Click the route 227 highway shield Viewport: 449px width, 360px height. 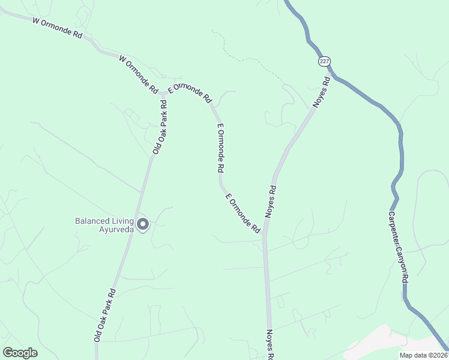click(324, 62)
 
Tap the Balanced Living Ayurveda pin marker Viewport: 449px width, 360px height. click(143, 224)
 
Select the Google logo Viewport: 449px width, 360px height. click(20, 353)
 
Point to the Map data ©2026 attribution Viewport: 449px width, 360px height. click(423, 355)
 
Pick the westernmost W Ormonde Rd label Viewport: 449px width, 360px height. click(57, 28)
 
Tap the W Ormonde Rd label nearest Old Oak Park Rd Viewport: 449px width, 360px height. click(139, 74)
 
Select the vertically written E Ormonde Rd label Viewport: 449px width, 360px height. click(221, 149)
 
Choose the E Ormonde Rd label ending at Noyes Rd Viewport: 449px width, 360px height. click(243, 213)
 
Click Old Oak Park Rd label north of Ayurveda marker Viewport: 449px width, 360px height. click(159, 127)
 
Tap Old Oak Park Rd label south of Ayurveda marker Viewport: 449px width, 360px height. click(104, 315)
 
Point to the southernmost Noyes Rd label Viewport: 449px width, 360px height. click(270, 345)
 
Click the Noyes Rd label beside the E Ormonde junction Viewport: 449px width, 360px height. click(271, 201)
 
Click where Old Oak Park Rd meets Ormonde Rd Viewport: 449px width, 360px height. click(163, 93)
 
